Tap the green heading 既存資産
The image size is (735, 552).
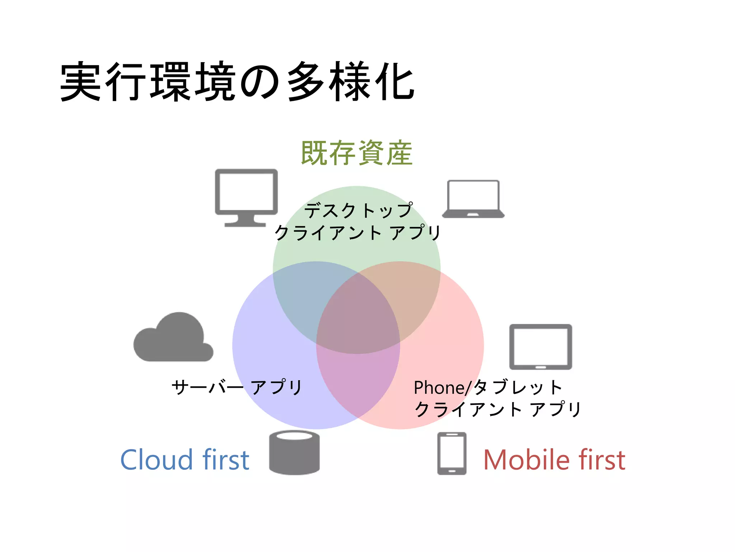coord(356,153)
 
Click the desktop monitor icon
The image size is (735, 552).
coord(246,192)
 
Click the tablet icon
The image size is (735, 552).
coord(540,347)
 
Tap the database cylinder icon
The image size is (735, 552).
coord(294,453)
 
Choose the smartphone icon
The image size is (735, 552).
coord(452,454)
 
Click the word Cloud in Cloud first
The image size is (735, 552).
coord(156,460)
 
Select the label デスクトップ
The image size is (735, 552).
coord(358,210)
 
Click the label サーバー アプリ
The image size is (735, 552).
coord(237,387)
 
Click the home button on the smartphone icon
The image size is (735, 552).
coord(452,470)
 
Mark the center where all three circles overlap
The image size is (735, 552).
coord(358,316)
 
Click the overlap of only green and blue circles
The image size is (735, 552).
coord(301,295)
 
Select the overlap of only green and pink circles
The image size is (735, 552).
coord(413,295)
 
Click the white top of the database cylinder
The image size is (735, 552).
coord(294,436)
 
